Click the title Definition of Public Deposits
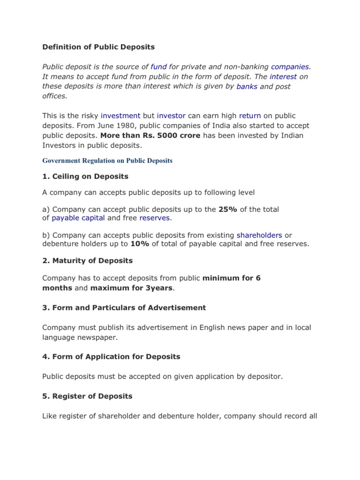coord(98,47)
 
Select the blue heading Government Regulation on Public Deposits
coord(107,160)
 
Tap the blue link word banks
coord(247,86)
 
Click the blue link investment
coord(120,115)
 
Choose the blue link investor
coord(171,115)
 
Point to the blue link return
coord(250,115)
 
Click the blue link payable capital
coord(78,218)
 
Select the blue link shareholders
coord(259,235)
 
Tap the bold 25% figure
coord(228,209)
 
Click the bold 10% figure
coord(139,244)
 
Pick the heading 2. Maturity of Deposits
coord(88,261)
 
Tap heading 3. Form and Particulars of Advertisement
coord(124,307)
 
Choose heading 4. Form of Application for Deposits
coord(111,357)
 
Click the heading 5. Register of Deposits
coord(88,396)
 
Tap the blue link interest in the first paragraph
coord(283,76)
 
